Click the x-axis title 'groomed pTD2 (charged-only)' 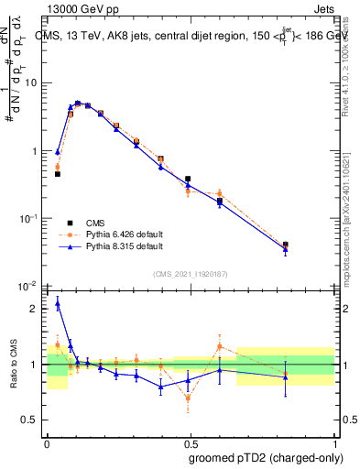(266, 457)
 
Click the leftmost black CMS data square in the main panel (57, 173)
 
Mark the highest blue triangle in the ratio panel (57, 303)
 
